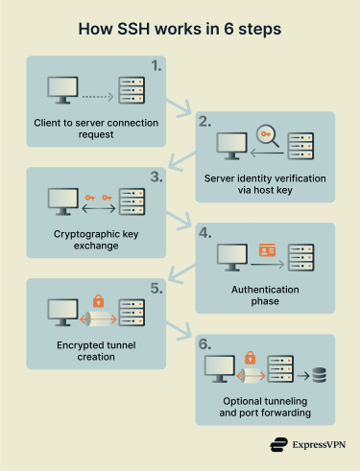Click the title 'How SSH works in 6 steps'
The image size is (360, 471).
tap(180, 29)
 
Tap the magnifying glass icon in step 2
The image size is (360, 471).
tap(266, 135)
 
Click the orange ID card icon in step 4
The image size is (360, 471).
tap(268, 251)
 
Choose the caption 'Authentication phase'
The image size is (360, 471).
tap(266, 294)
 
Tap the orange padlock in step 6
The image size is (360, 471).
tap(251, 358)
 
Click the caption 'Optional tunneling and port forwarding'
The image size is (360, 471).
tap(266, 406)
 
